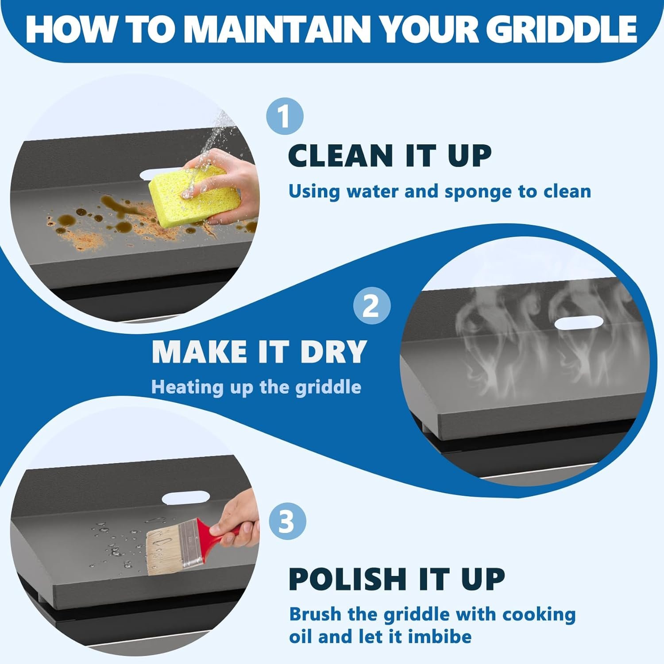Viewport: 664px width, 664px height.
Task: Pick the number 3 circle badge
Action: [287, 521]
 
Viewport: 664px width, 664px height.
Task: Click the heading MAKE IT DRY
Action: [259, 351]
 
